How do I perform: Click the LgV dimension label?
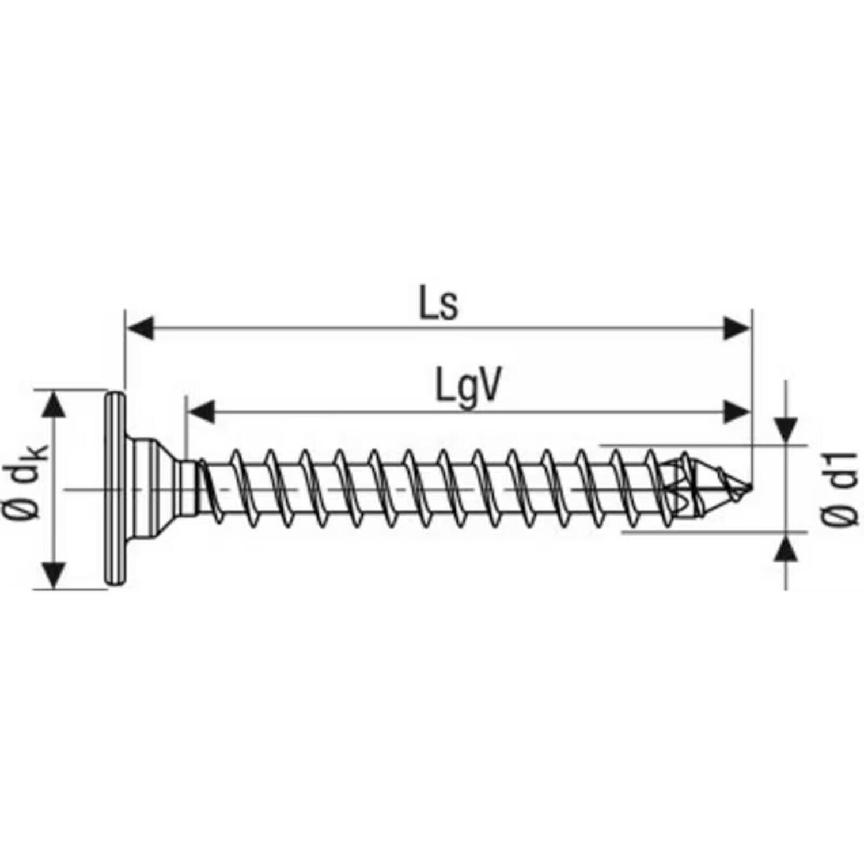(x=467, y=388)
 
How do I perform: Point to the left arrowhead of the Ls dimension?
(x=140, y=328)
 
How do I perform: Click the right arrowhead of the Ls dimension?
(x=738, y=328)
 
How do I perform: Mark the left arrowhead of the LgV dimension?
(x=201, y=412)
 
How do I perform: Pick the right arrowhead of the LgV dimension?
(x=737, y=412)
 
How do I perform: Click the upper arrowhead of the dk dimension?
(x=53, y=404)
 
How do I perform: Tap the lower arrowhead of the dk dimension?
(x=53, y=575)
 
